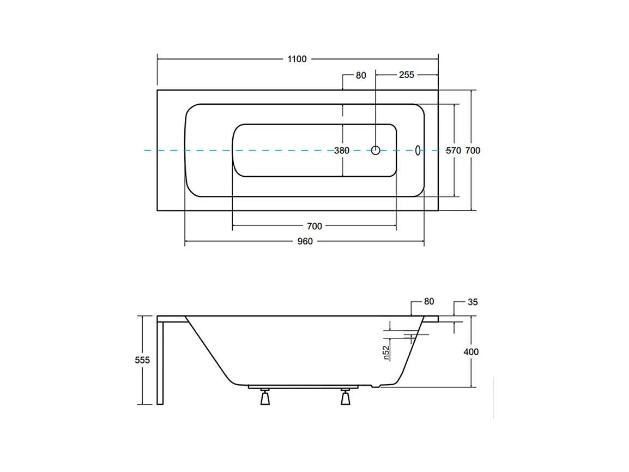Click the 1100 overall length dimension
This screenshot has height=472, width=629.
pyautogui.click(x=297, y=59)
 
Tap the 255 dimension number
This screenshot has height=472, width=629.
pyautogui.click(x=407, y=75)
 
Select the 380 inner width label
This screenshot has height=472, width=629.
pyautogui.click(x=342, y=151)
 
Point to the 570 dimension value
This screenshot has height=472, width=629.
pyautogui.click(x=453, y=151)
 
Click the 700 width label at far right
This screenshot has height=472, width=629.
pyautogui.click(x=473, y=151)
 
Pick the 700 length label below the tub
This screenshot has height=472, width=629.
pyautogui.click(x=314, y=226)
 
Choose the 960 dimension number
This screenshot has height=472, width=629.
pyautogui.click(x=305, y=241)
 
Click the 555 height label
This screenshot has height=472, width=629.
pyautogui.click(x=142, y=360)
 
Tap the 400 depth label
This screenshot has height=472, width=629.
pyautogui.click(x=471, y=352)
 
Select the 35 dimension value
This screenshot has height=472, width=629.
pyautogui.click(x=473, y=302)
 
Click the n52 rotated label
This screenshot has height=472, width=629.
pyautogui.click(x=386, y=352)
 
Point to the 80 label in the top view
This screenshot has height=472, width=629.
pyautogui.click(x=361, y=75)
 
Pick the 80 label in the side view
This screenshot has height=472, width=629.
pyautogui.click(x=429, y=301)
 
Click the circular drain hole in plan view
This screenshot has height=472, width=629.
pyautogui.click(x=376, y=150)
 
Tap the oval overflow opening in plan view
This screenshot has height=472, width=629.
pyautogui.click(x=418, y=150)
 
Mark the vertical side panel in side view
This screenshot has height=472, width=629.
pyautogui.click(x=160, y=363)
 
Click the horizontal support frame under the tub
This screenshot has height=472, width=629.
pyautogui.click(x=303, y=387)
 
